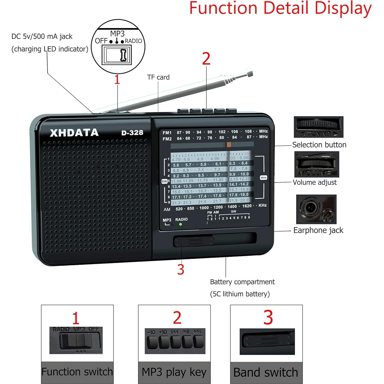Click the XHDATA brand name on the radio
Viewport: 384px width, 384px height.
click(x=74, y=132)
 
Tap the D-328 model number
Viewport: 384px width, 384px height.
click(x=132, y=132)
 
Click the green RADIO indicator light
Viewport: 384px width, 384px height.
click(x=181, y=224)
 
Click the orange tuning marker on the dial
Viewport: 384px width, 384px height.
click(x=229, y=145)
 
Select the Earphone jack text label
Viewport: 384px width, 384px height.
click(x=318, y=230)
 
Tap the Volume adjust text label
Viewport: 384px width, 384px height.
click(x=315, y=182)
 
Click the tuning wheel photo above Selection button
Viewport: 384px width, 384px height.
click(x=318, y=127)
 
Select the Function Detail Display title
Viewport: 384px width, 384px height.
click(x=280, y=8)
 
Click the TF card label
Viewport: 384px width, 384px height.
click(x=158, y=77)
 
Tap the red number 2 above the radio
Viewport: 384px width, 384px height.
click(x=206, y=59)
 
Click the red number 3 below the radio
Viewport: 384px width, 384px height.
click(x=181, y=269)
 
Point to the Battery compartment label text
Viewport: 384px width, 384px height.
click(x=242, y=282)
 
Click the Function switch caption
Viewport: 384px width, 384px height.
click(x=77, y=372)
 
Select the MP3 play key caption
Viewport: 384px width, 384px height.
click(x=174, y=372)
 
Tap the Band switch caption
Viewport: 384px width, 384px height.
click(x=266, y=372)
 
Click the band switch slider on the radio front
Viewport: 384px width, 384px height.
click(x=194, y=241)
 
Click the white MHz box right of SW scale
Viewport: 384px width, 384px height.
click(x=263, y=178)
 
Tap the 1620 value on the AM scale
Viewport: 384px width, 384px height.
click(x=247, y=206)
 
